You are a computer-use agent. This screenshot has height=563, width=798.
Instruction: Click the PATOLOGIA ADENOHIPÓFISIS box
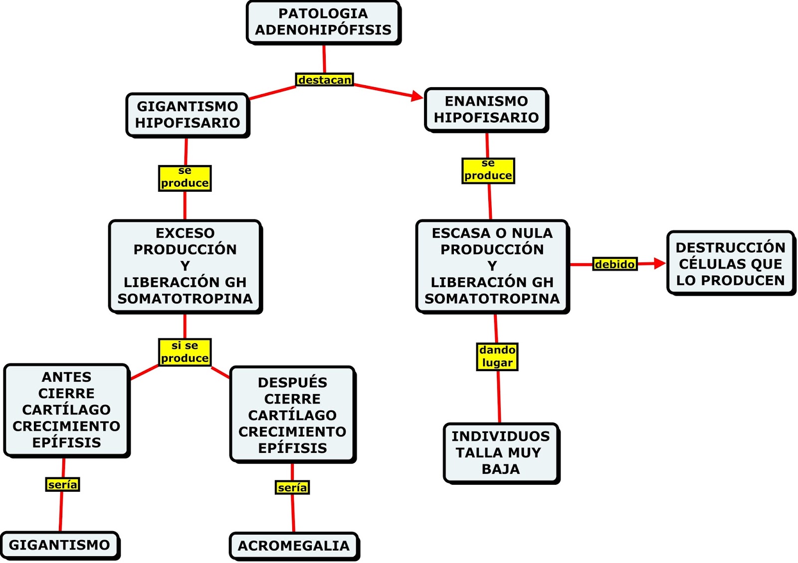(x=323, y=22)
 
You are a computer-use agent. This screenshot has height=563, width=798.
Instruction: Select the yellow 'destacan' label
(x=324, y=80)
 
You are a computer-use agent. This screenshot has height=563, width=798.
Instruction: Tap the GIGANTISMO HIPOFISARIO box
(x=187, y=115)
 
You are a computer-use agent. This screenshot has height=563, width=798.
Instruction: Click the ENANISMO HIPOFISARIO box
(x=486, y=110)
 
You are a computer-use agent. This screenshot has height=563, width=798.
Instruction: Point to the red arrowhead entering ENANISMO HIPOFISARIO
(x=418, y=96)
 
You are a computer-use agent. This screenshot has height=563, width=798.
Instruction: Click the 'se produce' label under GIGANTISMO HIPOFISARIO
(x=185, y=178)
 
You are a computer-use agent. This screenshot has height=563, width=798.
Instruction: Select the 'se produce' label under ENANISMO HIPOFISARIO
(x=488, y=170)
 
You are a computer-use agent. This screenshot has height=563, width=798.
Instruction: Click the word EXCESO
(x=185, y=233)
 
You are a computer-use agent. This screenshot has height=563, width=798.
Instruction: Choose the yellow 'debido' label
(x=614, y=264)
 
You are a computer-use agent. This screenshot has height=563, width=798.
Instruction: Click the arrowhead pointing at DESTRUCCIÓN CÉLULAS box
(x=660, y=263)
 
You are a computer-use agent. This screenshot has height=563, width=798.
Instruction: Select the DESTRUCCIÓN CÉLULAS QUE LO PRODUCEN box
(x=730, y=264)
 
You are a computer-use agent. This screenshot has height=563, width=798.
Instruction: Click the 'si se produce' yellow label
(x=185, y=352)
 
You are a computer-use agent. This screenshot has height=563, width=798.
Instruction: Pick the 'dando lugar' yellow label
(x=497, y=356)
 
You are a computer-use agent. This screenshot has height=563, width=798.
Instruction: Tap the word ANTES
(x=66, y=377)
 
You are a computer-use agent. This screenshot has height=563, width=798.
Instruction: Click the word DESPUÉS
(x=292, y=383)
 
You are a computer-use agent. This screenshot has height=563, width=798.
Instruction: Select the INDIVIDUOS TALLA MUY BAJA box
(x=501, y=452)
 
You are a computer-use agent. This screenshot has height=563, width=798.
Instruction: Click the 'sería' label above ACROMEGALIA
(x=292, y=487)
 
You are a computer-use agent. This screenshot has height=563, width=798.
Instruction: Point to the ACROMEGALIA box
(x=293, y=546)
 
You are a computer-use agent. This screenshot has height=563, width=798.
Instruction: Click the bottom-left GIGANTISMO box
(x=59, y=545)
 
